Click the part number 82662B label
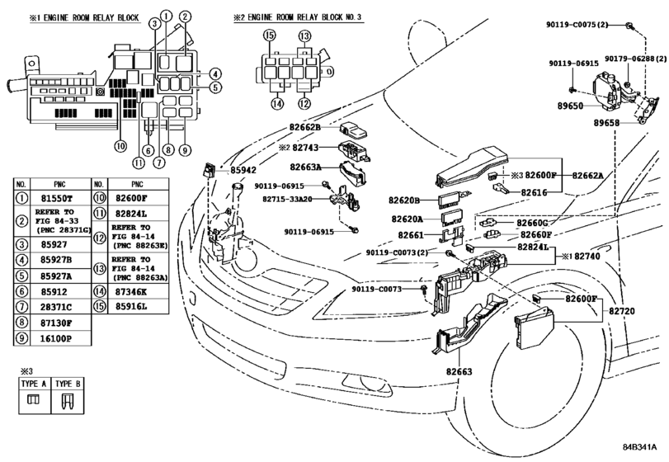click(304, 127)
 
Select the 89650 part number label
click(570, 106)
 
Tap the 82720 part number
click(622, 311)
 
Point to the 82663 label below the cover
click(459, 371)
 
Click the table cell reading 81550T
click(57, 198)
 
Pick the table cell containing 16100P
click(56, 339)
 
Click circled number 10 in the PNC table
click(100, 198)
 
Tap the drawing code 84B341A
click(639, 447)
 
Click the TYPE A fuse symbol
click(33, 400)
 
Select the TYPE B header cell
click(68, 384)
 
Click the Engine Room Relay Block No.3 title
click(298, 17)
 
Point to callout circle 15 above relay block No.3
click(269, 35)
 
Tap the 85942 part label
click(243, 170)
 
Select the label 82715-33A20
click(287, 199)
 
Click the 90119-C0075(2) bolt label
click(577, 25)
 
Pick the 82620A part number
click(407, 219)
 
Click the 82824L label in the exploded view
click(533, 247)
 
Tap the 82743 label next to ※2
click(305, 148)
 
